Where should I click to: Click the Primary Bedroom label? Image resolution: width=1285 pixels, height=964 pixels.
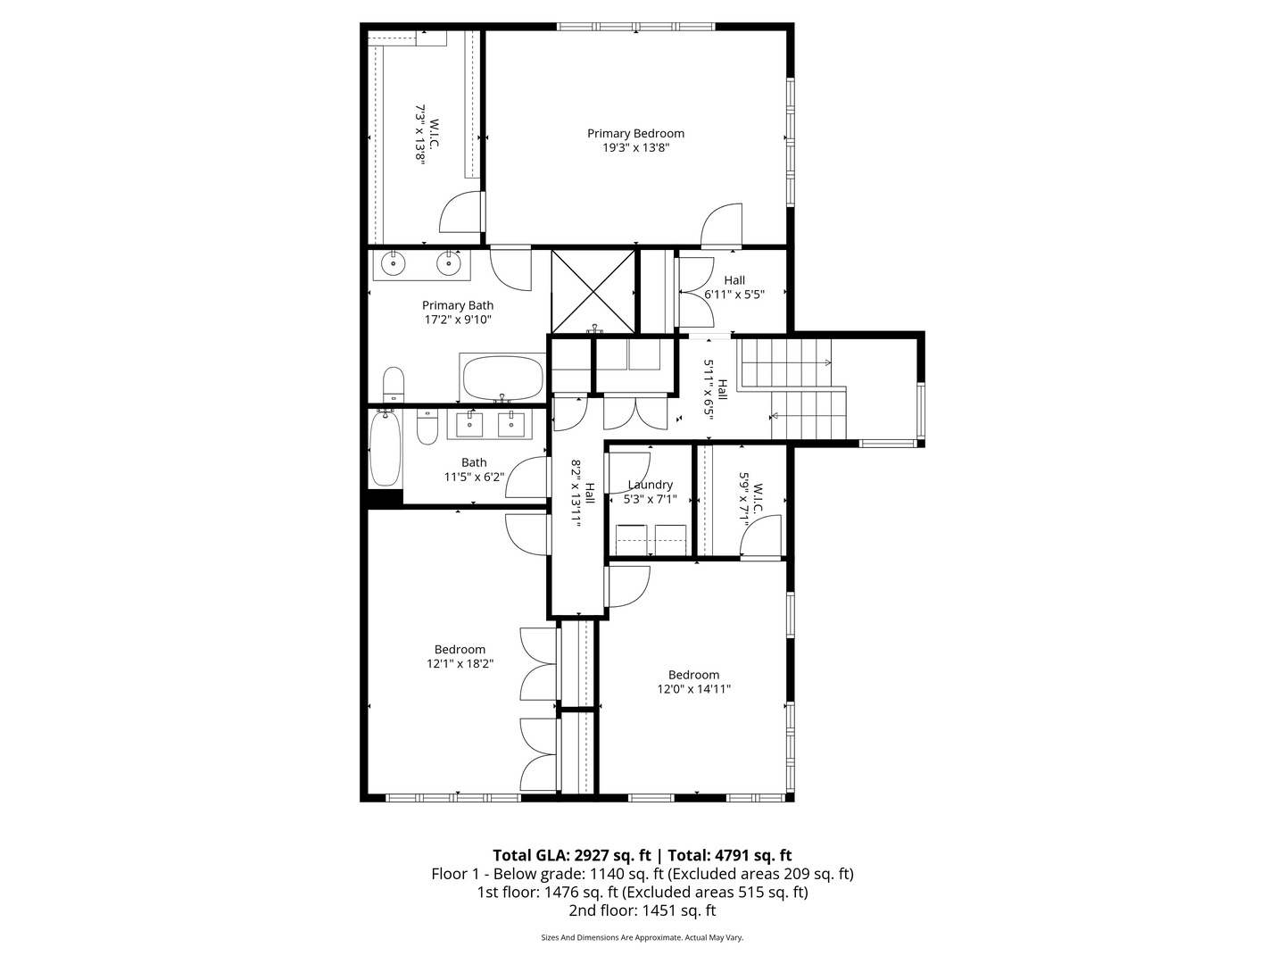point(635,134)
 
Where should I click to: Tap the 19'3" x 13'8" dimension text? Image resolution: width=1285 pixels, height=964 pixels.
point(635,148)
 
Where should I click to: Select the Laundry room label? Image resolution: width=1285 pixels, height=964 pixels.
point(650,485)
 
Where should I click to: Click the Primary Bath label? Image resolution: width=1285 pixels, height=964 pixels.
point(457,305)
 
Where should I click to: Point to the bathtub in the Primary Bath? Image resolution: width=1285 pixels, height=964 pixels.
point(502,378)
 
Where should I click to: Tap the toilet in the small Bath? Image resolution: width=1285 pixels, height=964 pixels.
point(427,427)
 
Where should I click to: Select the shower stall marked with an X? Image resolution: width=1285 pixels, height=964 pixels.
point(593,291)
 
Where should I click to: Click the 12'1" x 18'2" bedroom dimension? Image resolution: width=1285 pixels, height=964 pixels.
point(460,664)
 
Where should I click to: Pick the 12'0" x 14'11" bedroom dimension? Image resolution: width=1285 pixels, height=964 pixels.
point(693,689)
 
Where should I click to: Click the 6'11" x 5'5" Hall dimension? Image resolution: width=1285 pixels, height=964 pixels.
point(734,294)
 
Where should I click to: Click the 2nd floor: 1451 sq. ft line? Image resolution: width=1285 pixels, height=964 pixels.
point(642,911)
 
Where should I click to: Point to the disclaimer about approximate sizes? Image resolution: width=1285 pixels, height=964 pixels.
point(642,938)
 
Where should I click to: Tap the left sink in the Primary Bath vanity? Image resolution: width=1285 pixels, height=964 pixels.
point(394,263)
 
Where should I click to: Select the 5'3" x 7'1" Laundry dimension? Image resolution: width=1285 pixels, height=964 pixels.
point(650,500)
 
